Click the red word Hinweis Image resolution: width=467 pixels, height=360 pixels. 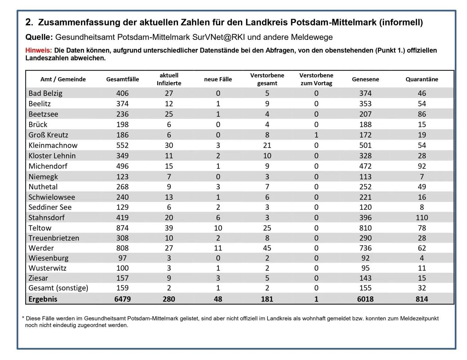(39, 50)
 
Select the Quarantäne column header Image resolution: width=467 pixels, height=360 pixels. (422, 79)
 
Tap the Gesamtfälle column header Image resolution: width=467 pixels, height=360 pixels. (122, 79)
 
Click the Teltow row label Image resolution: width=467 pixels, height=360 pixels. (40, 228)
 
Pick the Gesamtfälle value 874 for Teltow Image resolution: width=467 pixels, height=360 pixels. (122, 228)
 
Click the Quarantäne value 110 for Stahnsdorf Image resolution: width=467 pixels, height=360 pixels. (422, 217)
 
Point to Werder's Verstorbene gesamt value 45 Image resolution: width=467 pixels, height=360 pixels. (267, 248)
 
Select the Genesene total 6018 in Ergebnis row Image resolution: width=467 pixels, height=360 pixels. (365, 299)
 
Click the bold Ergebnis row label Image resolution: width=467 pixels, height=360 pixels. (43, 299)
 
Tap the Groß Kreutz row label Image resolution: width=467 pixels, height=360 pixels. (48, 135)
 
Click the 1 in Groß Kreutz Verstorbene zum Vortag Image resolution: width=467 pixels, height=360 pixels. (316, 135)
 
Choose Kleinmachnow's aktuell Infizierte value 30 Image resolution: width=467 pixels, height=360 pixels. (169, 145)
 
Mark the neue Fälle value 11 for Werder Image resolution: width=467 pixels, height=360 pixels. (218, 248)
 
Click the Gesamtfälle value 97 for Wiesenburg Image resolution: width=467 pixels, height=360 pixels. (122, 258)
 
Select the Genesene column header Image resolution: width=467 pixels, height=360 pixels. (365, 79)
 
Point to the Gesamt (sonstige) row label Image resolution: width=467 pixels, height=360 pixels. (59, 288)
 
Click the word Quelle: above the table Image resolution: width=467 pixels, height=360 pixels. (39, 37)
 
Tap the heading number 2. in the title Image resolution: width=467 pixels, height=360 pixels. (29, 22)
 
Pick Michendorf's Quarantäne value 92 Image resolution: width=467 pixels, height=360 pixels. (422, 166)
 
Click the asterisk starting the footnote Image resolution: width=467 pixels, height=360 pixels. (23, 317)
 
